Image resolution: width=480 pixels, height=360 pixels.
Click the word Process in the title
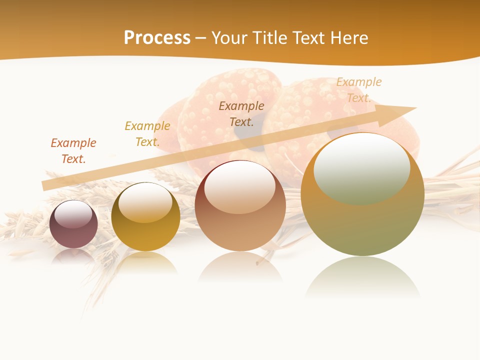click(x=157, y=37)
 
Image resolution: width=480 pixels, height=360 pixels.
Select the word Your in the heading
click(x=229, y=37)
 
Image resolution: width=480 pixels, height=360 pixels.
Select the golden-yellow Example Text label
click(x=147, y=134)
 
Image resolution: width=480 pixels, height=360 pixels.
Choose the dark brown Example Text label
click(x=241, y=114)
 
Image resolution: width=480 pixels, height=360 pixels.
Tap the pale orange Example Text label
click(x=359, y=90)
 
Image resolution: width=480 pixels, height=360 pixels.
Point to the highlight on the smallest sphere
click(x=73, y=214)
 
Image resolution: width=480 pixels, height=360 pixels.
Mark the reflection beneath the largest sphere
click(x=362, y=277)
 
